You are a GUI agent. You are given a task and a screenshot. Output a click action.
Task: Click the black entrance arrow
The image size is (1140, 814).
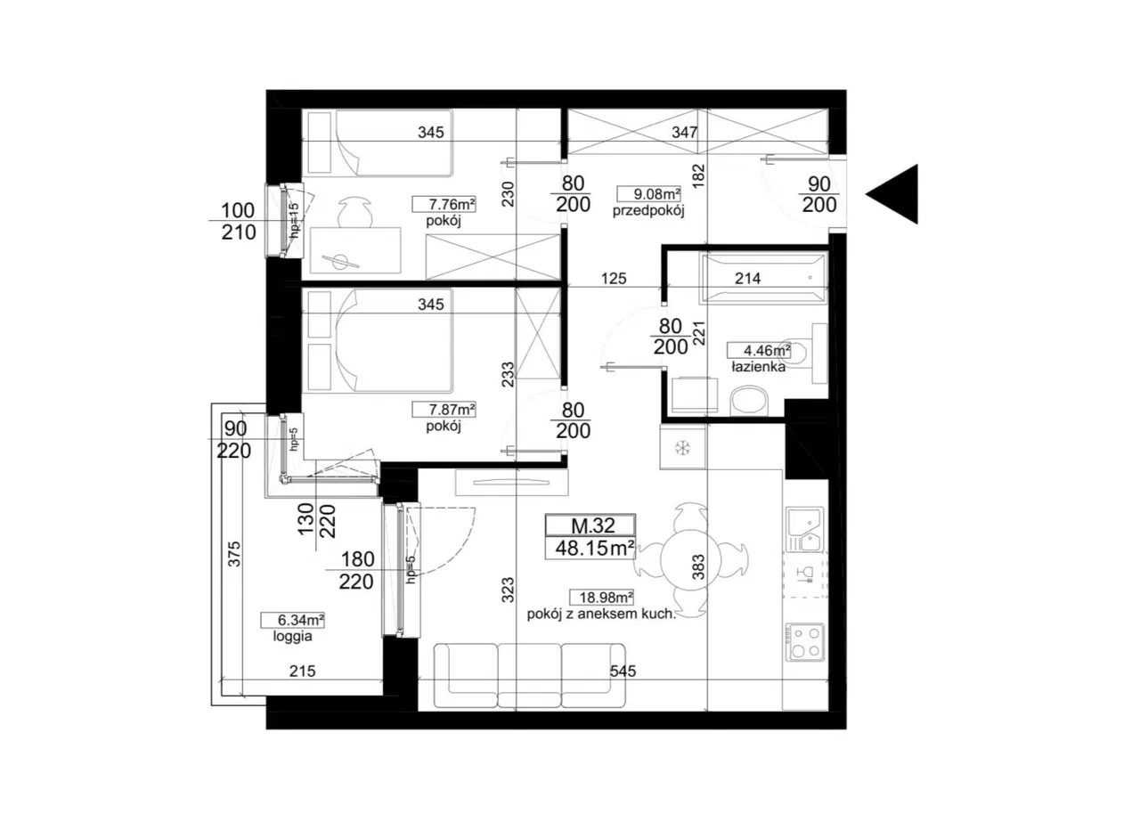point(897,194)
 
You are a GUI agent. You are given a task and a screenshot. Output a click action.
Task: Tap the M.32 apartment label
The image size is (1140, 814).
point(593,525)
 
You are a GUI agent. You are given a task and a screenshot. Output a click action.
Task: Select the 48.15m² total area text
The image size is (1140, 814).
point(594,548)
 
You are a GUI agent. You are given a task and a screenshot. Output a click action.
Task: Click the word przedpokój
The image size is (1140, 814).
point(647,211)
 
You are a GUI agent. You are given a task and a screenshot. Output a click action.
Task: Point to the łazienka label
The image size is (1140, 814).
point(758,366)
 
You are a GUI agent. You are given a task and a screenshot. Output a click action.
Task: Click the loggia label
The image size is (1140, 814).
point(293,637)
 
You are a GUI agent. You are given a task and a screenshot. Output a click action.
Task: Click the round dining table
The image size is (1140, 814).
point(691,559)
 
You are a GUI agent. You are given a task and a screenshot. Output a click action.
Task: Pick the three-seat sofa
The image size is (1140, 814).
point(529,676)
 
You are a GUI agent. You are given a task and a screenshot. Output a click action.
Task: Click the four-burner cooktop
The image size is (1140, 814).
point(805,641)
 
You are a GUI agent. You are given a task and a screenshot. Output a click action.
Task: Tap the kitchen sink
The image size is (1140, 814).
point(804,529)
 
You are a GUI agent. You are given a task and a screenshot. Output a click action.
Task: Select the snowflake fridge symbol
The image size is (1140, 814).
point(682,448)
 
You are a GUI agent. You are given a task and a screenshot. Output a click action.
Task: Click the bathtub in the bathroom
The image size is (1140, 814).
point(763,279)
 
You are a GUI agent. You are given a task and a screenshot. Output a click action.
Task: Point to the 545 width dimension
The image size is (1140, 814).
point(623,671)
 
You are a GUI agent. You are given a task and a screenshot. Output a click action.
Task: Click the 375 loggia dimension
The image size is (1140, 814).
point(233,554)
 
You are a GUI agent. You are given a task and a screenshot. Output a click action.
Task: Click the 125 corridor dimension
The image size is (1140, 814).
point(614,278)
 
